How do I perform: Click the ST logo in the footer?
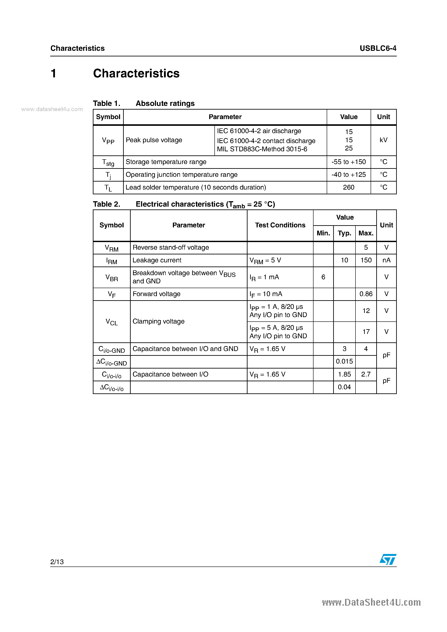(x=388, y=559)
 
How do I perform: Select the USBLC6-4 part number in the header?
(x=378, y=48)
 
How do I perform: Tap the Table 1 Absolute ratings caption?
(x=144, y=104)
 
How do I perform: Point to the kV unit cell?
(x=383, y=140)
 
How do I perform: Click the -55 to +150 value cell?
(x=349, y=162)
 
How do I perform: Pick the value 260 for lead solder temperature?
(x=349, y=187)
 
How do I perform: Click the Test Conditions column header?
(x=280, y=225)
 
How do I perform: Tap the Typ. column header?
(x=344, y=233)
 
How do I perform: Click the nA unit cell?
(x=386, y=260)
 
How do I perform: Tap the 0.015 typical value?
(x=344, y=361)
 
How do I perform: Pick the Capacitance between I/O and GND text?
(x=185, y=349)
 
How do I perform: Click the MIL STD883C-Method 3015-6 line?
(x=262, y=149)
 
